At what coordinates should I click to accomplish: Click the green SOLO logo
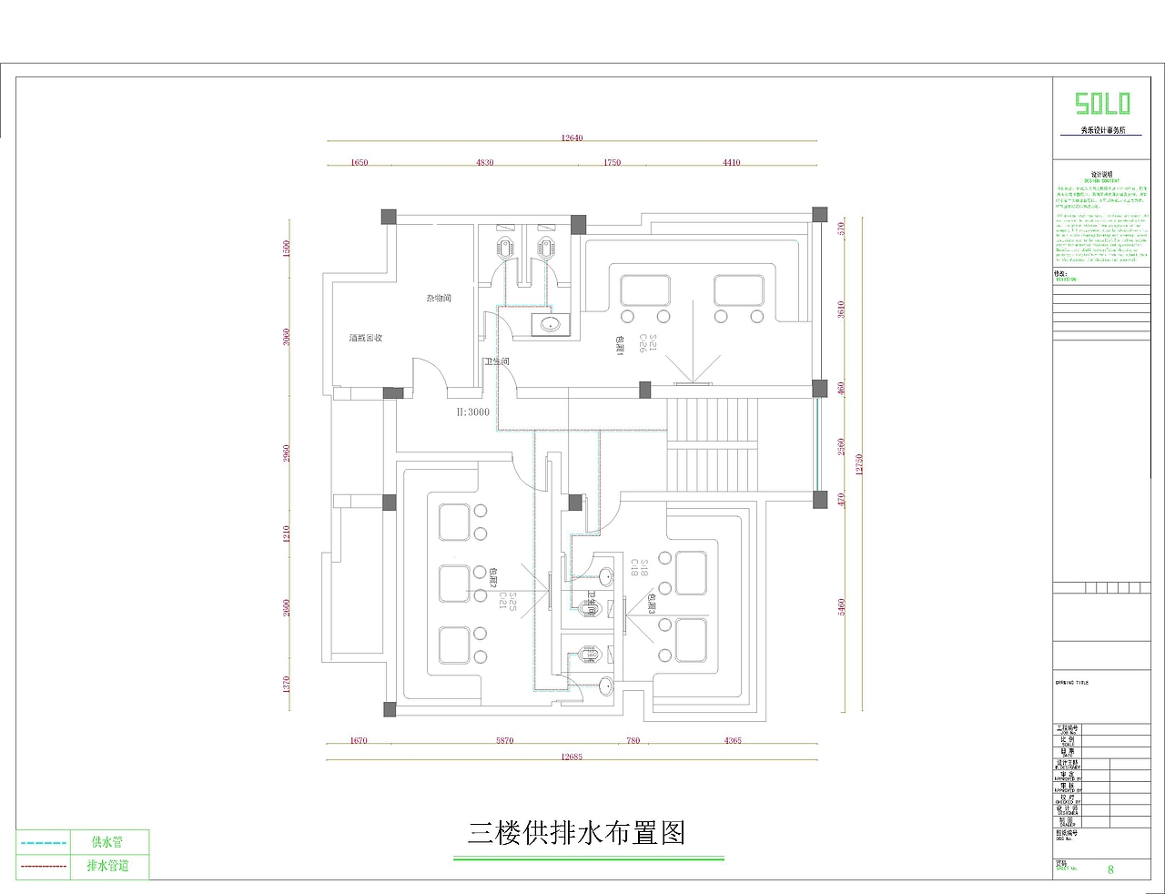click(x=1102, y=103)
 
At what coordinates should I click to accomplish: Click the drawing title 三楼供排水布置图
click(x=576, y=832)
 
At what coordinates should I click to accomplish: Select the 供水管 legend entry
click(x=106, y=842)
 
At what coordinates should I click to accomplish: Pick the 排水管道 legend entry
click(x=107, y=866)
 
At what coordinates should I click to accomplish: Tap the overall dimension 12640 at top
click(x=572, y=138)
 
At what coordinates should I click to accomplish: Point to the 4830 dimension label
click(x=485, y=163)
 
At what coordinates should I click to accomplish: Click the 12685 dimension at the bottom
click(x=572, y=757)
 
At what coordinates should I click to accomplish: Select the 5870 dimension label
click(x=504, y=740)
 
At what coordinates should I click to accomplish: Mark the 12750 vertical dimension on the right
click(x=858, y=464)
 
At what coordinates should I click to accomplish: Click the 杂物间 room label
click(x=439, y=299)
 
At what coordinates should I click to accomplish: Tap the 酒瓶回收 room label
click(x=366, y=339)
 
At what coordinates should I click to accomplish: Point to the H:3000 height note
click(x=472, y=412)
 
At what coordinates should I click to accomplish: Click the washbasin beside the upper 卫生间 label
click(x=548, y=324)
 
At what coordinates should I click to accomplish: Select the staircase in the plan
click(x=713, y=446)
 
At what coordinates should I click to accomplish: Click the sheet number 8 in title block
click(x=1110, y=869)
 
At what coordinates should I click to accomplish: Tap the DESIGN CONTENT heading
click(x=1102, y=180)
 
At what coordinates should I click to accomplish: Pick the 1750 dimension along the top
click(x=612, y=163)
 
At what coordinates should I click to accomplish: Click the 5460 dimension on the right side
click(x=842, y=607)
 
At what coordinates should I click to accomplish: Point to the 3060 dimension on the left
click(x=287, y=337)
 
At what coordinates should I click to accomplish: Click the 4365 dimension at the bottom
click(x=733, y=740)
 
